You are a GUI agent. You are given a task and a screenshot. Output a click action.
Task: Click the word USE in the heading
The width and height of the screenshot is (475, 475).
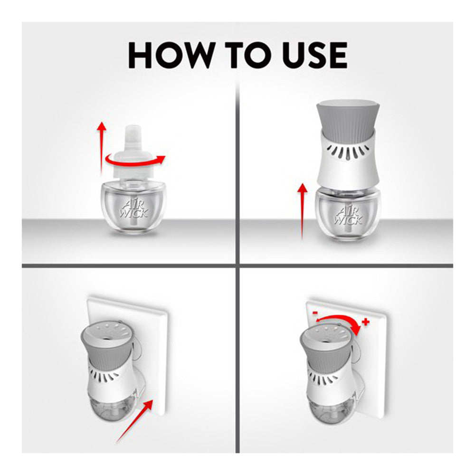[x=314, y=55]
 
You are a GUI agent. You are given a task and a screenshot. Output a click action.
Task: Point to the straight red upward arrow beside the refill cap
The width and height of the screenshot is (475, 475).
[x=102, y=148]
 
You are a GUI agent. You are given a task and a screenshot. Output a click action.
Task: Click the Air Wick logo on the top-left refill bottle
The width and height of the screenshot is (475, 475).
[x=134, y=208]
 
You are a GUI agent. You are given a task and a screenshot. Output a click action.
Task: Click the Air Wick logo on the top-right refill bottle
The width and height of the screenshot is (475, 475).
[x=348, y=215]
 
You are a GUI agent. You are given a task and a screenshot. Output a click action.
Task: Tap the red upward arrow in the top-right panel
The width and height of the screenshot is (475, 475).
[x=302, y=211]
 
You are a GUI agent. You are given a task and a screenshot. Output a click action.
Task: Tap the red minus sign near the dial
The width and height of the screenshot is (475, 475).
[x=315, y=313]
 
